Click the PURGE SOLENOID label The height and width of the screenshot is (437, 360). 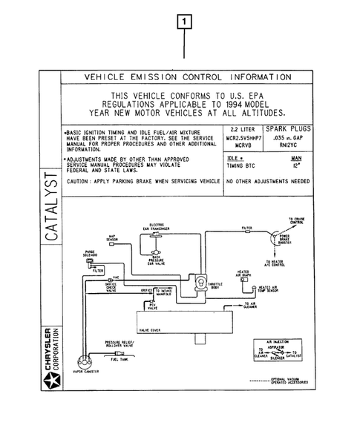point(90,253)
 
